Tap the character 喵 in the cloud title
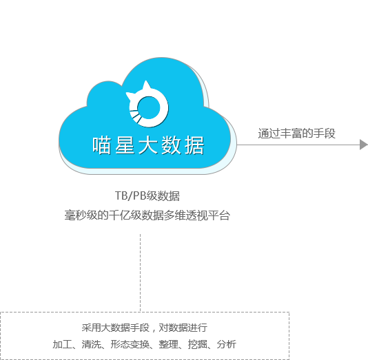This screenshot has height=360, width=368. coord(101,145)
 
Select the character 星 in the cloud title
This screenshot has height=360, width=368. coord(125,145)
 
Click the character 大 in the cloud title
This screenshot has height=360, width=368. coord(147,145)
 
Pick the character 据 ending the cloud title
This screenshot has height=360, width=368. coord(194,145)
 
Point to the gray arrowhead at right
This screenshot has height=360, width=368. coord(364,145)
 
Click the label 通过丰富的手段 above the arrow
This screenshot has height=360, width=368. coord(296,134)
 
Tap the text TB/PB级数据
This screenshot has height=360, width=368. coord(147,195)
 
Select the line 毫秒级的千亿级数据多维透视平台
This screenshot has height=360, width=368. coord(147,215)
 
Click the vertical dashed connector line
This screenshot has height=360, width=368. coord(141,273)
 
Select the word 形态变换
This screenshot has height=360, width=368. coord(130,344)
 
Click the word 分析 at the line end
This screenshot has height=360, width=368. coord(227,344)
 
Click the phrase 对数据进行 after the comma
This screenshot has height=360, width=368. coord(183,328)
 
